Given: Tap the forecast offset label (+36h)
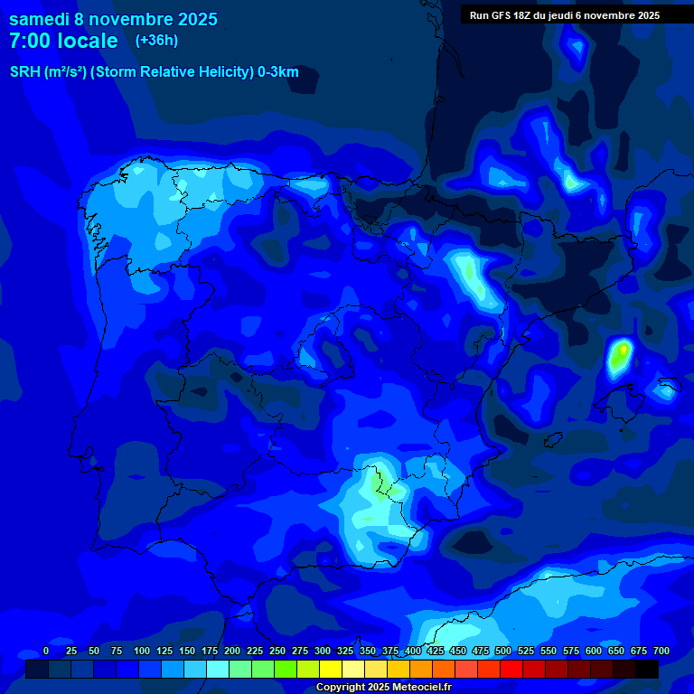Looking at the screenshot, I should [x=156, y=40].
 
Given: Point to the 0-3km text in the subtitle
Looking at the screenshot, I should [x=277, y=72].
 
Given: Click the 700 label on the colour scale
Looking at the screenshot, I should [x=661, y=651].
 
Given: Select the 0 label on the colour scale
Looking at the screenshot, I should [x=46, y=651].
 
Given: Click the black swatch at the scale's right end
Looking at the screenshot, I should [x=646, y=669].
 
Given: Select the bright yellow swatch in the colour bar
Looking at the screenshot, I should [x=331, y=669].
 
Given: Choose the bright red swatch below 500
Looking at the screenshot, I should [x=511, y=669].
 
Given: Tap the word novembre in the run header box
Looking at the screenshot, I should [x=611, y=15].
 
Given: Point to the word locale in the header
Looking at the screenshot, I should [x=89, y=41].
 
